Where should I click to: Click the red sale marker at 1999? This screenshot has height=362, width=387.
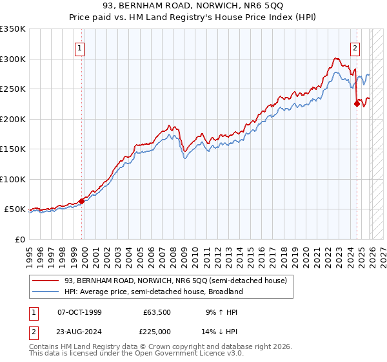coord(82,201)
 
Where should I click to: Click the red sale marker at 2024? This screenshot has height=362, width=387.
coord(357,102)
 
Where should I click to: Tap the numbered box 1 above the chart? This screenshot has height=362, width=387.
coord(79,47)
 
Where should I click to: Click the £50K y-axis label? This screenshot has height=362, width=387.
coord(15,209)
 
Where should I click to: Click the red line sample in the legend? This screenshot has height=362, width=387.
coord(46,280)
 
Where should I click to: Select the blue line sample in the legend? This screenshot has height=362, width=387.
coord(46,292)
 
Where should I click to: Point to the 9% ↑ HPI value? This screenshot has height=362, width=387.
coord(221,312)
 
